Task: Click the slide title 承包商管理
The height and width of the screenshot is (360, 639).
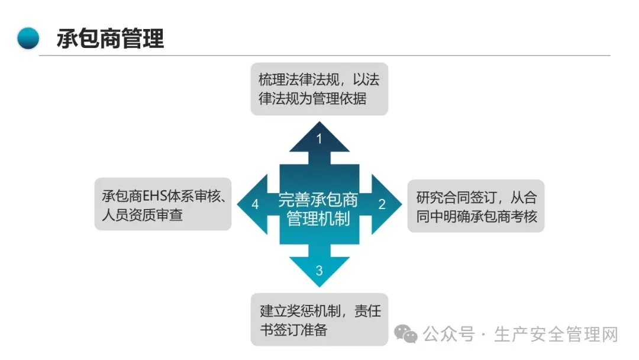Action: [111, 38]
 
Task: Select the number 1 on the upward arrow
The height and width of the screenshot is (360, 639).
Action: [319, 139]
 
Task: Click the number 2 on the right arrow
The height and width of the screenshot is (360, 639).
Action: [382, 204]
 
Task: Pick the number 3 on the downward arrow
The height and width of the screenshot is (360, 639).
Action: [319, 271]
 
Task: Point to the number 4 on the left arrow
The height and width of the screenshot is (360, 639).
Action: [255, 204]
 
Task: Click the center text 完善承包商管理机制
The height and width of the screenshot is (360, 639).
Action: [318, 209]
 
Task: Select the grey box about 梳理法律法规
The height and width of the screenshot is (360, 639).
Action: [319, 89]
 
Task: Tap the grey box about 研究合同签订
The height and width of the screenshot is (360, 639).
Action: [476, 205]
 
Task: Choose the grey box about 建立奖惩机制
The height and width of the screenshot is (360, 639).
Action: [319, 320]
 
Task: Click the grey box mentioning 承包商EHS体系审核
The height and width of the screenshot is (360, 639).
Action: [163, 205]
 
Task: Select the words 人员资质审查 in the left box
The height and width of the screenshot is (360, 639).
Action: [142, 214]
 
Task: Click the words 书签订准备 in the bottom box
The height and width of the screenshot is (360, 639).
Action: [293, 329]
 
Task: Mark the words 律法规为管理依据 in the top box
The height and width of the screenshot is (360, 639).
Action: [312, 98]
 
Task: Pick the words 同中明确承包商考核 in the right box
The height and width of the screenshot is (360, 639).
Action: [476, 216]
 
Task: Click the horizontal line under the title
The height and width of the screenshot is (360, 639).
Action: [324, 56]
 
